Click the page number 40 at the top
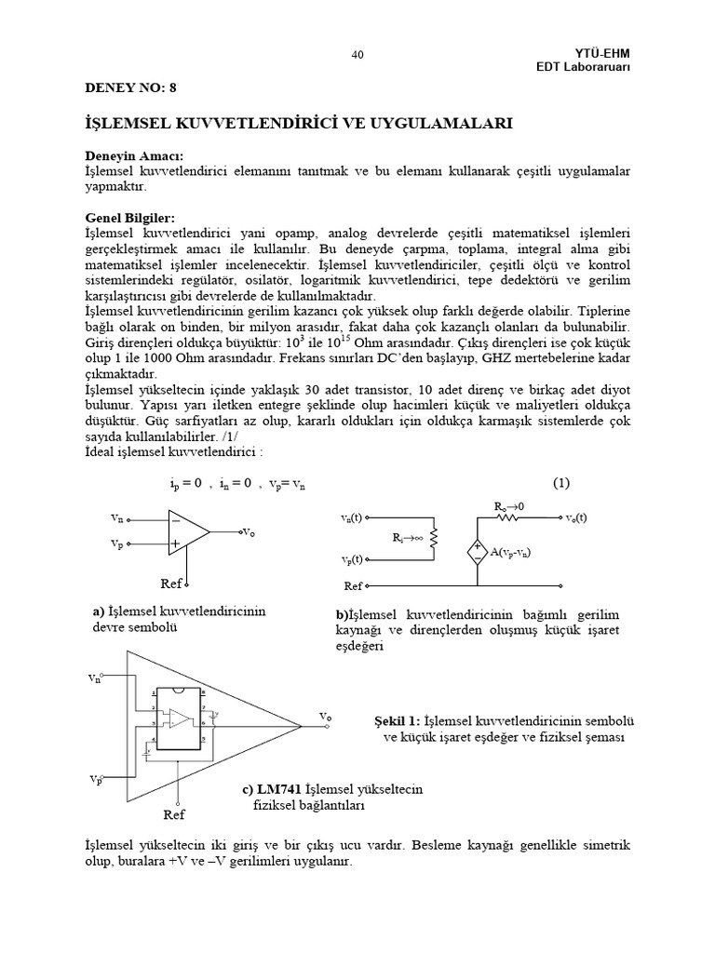point(357,55)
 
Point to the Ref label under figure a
point(170,583)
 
